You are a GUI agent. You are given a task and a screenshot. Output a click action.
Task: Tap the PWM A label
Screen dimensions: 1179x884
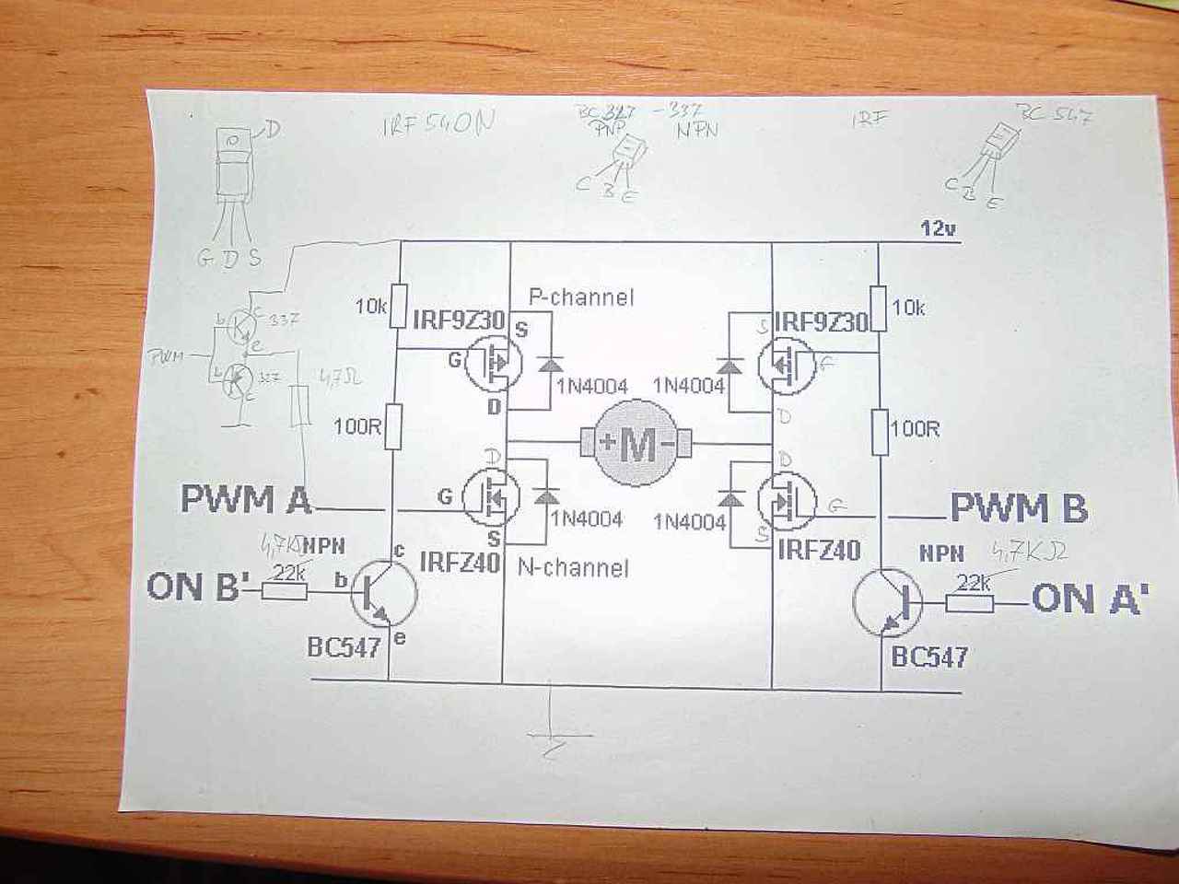[245, 499]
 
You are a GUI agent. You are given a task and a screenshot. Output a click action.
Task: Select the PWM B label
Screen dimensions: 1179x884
[1018, 508]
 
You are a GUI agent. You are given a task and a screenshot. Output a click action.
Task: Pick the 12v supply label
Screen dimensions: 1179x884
[937, 228]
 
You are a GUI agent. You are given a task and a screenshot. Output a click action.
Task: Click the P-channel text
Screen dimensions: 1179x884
[580, 297]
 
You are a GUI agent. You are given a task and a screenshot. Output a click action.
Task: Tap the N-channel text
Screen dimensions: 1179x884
[573, 567]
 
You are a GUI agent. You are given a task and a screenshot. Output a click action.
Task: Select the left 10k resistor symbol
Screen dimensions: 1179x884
[399, 306]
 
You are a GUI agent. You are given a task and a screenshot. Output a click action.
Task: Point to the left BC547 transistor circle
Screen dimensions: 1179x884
[383, 594]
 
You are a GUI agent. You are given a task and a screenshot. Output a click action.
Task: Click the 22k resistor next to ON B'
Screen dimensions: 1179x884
[285, 589]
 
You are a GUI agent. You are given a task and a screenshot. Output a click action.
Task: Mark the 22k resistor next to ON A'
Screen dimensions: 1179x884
[972, 604]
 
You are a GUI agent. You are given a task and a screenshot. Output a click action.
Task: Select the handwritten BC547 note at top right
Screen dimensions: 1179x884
[1053, 117]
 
